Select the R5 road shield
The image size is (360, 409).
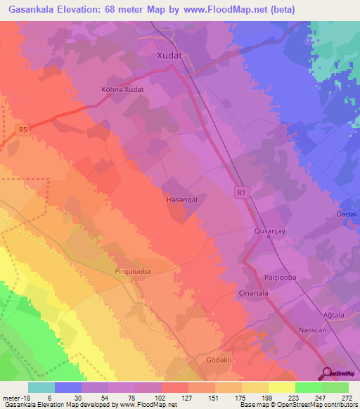tap(25, 129)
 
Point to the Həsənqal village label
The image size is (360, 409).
tap(180, 200)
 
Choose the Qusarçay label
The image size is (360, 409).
tap(270, 231)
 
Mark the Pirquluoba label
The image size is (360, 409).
tap(133, 270)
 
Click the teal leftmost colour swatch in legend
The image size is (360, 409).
tap(41, 387)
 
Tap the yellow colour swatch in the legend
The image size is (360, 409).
tap(281, 387)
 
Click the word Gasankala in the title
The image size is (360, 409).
tap(31, 9)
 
